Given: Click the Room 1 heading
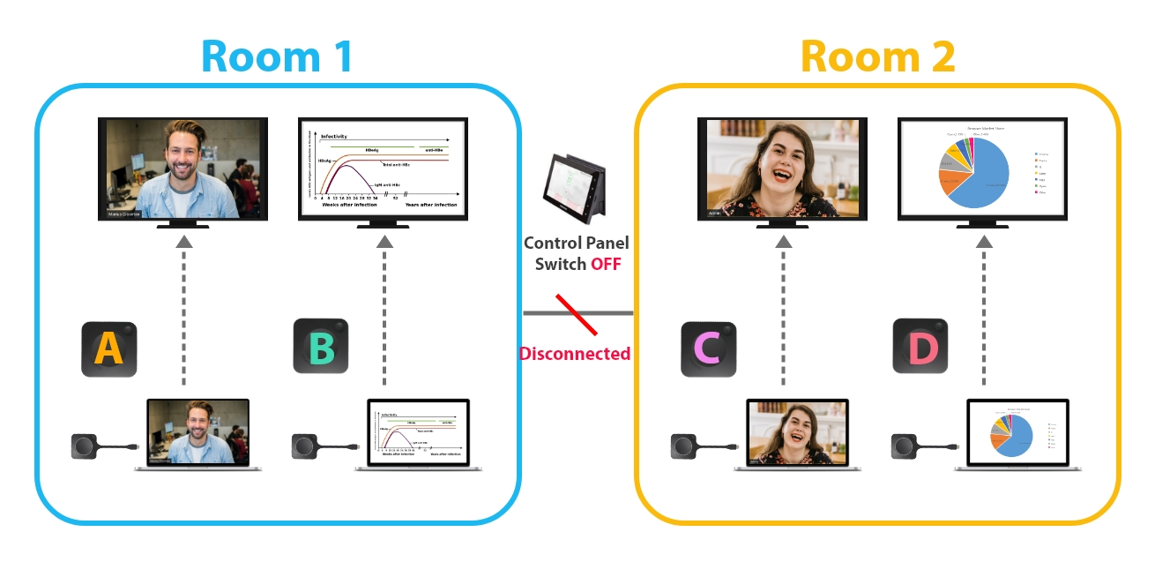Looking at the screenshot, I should click(x=277, y=56).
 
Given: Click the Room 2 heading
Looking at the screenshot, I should click(x=877, y=56).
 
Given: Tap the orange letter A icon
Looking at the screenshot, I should click(x=109, y=348).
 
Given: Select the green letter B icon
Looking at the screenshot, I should click(x=321, y=347).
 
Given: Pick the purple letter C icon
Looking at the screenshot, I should click(x=708, y=348).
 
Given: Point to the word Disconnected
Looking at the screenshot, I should click(x=575, y=354).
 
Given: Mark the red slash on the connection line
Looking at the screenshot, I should click(x=577, y=315).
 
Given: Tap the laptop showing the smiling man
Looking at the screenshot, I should click(x=197, y=433).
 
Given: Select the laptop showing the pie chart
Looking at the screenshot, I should click(x=1017, y=433).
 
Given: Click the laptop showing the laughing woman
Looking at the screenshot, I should click(x=797, y=433).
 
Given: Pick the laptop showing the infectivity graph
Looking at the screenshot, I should click(x=418, y=433).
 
